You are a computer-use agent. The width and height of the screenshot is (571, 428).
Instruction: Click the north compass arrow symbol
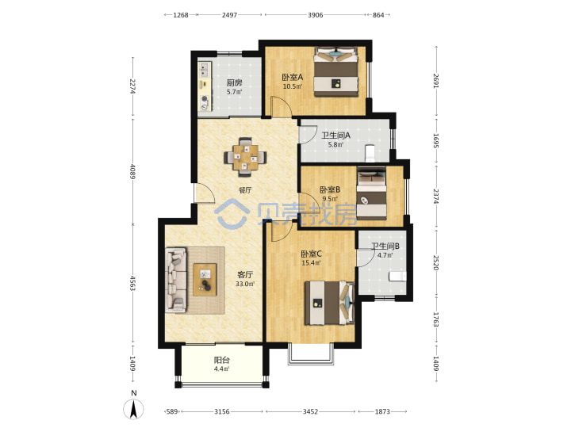point(134,409)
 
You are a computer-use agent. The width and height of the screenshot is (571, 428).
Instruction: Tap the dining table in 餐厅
point(245,157)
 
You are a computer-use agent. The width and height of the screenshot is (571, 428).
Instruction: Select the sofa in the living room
point(176,280)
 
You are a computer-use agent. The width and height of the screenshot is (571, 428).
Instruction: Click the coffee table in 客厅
point(205,280)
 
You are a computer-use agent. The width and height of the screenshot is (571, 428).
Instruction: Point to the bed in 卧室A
point(336,71)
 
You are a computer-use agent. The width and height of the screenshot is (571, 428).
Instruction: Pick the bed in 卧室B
point(371,193)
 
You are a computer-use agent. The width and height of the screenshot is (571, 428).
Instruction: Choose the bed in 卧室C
point(330,303)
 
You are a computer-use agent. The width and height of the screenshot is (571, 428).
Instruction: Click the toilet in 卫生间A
point(370,153)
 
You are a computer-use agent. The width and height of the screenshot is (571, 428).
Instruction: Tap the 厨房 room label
point(234,83)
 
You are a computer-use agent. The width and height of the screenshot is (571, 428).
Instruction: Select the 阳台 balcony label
point(221,361)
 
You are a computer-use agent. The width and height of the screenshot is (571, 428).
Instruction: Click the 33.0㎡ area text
point(245,284)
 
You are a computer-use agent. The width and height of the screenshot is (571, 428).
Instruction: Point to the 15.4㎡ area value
point(311,263)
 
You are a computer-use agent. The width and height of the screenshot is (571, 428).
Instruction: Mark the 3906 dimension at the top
point(316,15)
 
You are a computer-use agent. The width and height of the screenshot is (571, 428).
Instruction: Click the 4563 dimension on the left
point(133,284)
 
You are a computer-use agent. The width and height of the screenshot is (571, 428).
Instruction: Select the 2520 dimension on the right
point(436,263)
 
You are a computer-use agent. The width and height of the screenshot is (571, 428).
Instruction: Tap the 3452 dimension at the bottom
point(310,411)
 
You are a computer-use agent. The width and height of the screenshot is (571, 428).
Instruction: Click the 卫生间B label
point(385,246)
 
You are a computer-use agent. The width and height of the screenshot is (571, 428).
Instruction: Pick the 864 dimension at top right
point(378,15)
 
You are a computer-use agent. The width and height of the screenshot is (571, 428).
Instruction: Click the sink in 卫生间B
point(397,276)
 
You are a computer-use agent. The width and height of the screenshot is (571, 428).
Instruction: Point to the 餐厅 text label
point(245,190)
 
